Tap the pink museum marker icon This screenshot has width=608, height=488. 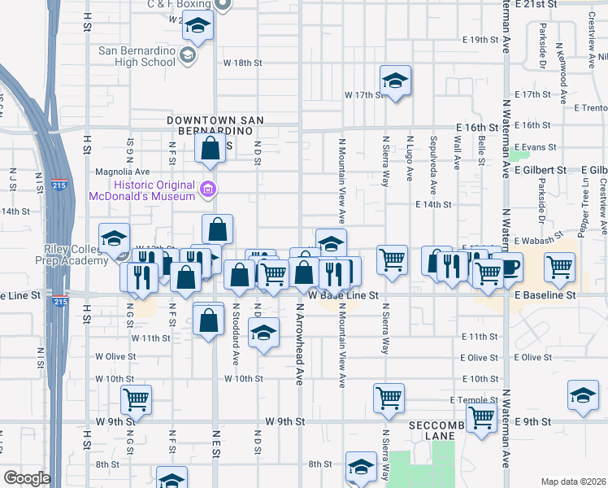click(x=209, y=190)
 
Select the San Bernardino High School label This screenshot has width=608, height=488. click(x=137, y=55)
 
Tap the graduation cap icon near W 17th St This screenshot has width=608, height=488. click(x=395, y=80)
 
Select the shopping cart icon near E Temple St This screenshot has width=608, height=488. click(x=481, y=417)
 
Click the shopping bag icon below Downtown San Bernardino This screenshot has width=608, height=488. click(x=210, y=148)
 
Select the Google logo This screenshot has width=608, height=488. click(x=27, y=478)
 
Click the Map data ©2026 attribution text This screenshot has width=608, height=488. click(x=574, y=481)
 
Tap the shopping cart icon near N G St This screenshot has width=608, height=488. click(x=136, y=399)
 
